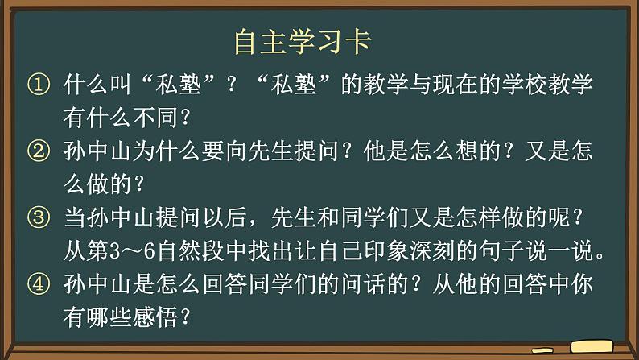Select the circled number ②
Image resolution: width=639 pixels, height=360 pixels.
38,151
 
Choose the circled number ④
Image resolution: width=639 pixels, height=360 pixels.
38,283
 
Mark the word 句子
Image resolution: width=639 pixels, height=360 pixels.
516,250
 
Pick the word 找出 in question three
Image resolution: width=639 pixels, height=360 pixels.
280,250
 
